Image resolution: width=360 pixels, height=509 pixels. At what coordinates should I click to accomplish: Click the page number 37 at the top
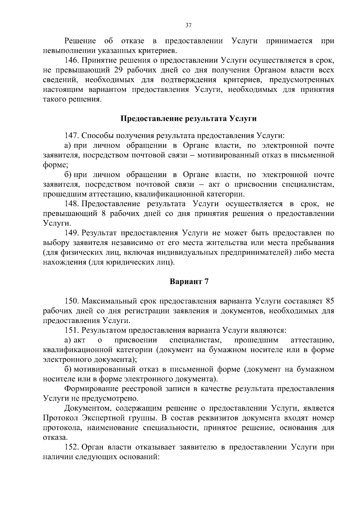(188, 25)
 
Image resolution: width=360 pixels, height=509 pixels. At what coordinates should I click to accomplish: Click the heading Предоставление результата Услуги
(188, 118)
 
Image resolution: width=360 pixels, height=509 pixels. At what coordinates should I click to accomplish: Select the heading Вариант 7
(189, 282)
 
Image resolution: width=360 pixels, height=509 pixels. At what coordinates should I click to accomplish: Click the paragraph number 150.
(71, 301)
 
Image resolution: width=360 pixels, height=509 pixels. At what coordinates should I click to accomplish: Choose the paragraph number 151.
(71, 330)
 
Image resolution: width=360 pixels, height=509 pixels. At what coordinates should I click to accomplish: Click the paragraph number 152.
(71, 447)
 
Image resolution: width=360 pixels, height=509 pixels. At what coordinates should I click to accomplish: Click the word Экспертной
(101, 418)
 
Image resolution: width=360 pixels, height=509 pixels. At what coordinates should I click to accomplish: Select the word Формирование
(91, 389)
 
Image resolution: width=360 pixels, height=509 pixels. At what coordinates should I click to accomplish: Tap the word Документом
(88, 408)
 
